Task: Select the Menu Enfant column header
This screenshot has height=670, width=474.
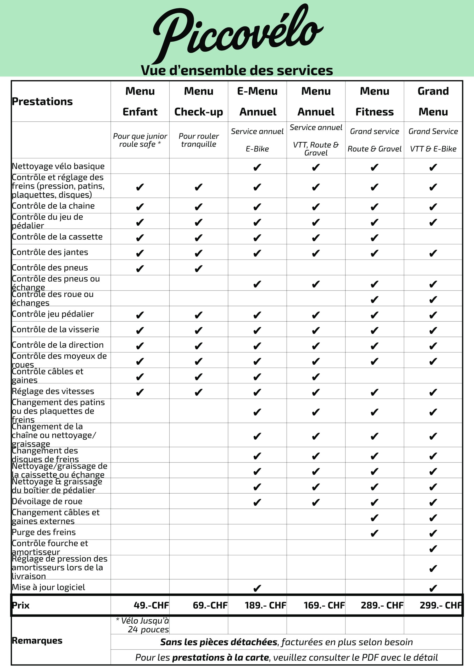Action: [140, 101]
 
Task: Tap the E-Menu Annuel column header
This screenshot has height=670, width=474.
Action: [257, 101]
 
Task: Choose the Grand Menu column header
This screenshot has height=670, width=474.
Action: [433, 101]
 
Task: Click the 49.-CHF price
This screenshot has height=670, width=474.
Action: [151, 606]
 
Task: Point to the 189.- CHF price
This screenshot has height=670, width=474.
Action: [265, 606]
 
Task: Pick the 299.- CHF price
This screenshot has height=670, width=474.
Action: [441, 606]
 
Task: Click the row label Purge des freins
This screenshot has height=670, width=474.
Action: [44, 532]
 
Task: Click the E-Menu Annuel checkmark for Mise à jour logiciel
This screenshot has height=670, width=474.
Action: [257, 588]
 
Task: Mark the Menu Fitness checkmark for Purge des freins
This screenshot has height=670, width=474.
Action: [375, 533]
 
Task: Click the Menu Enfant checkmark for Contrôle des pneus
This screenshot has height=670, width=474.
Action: [140, 269]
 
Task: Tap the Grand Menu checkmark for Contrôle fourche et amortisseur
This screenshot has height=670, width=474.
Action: [433, 549]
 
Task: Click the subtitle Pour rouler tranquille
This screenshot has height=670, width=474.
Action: [198, 140]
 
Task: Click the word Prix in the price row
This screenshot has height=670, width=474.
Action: [21, 606]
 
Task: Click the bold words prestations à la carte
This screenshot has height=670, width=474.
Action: [220, 657]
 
